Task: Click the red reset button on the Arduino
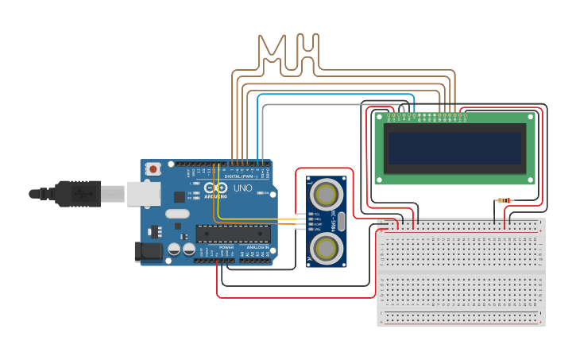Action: pyautogui.click(x=153, y=168)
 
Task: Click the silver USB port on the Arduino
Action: pyautogui.click(x=143, y=193)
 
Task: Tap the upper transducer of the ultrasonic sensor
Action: pyautogui.click(x=326, y=193)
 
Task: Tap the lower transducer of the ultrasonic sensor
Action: pyautogui.click(x=326, y=248)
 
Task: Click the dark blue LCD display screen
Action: pyautogui.click(x=455, y=148)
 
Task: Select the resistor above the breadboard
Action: pyautogui.click(x=504, y=201)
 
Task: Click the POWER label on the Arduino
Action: pyautogui.click(x=226, y=247)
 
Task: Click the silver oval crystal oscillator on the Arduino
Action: pyautogui.click(x=177, y=213)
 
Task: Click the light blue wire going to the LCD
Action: pyautogui.click(x=334, y=95)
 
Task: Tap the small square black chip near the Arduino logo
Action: pyautogui.click(x=180, y=196)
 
